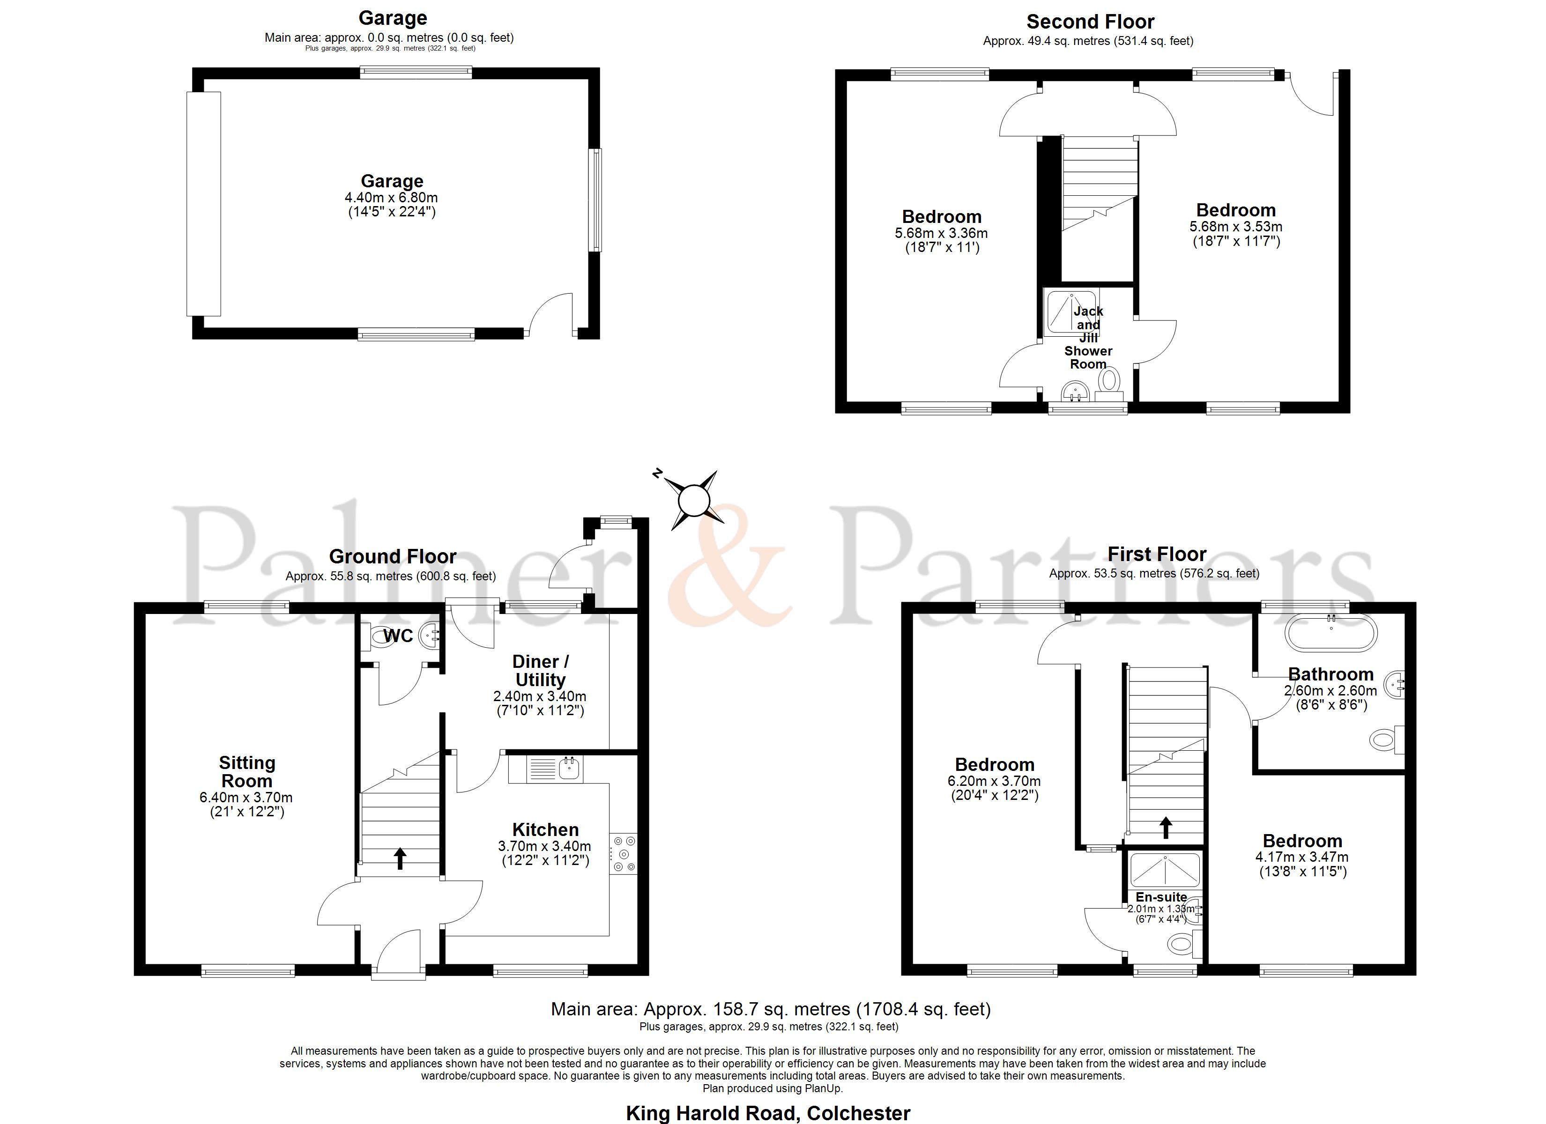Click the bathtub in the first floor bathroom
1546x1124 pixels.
(x=1330, y=633)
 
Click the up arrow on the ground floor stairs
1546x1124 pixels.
(x=400, y=858)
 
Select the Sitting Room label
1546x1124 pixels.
(x=247, y=772)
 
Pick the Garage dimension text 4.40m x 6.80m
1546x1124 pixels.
(x=391, y=198)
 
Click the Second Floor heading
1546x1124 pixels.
(x=1091, y=22)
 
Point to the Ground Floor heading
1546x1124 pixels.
(x=393, y=556)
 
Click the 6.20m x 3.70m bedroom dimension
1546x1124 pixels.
(x=995, y=781)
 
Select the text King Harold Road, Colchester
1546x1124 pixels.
(x=768, y=1113)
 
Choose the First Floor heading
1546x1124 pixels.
(x=1157, y=554)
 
